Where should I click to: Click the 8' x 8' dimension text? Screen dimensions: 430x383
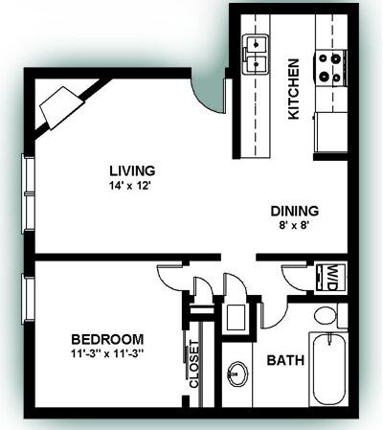coord(293,227)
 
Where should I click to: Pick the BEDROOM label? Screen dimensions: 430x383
coord(109,339)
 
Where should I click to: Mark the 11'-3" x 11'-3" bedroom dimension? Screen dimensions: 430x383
coord(109,354)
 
